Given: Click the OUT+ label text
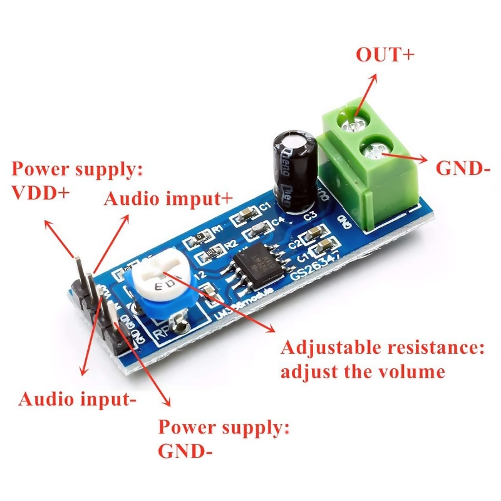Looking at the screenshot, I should click(385, 54).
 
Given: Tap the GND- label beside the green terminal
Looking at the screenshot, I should click(462, 168).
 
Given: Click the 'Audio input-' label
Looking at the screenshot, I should click(78, 398).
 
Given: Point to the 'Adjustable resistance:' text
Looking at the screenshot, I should click(383, 348).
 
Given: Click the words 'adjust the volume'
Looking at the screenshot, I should click(363, 371).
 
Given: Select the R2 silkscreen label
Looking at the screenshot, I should click(230, 244).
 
